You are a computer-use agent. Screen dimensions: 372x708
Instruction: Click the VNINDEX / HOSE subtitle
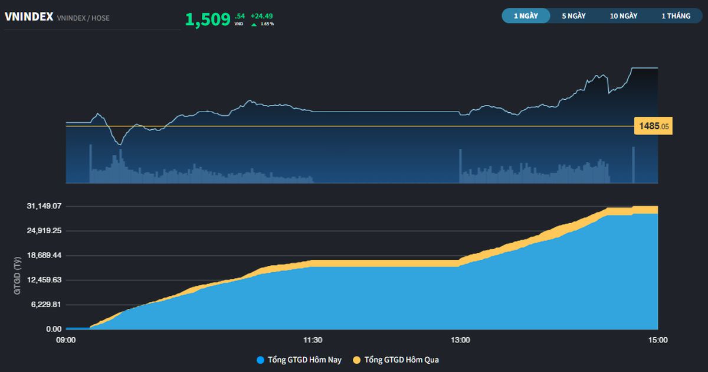(x=83, y=18)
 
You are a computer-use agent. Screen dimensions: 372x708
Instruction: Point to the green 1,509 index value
(x=208, y=19)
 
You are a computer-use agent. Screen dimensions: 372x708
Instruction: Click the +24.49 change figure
(x=261, y=16)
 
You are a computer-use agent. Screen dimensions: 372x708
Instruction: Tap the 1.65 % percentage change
(x=267, y=24)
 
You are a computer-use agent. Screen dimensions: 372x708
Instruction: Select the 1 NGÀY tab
(x=526, y=16)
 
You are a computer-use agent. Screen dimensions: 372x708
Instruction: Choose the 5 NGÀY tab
(x=573, y=16)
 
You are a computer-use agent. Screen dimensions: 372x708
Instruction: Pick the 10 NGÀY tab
(x=624, y=16)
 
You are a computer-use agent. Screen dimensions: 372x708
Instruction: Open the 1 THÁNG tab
(x=676, y=16)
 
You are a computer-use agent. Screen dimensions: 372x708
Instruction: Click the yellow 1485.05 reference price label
(x=653, y=126)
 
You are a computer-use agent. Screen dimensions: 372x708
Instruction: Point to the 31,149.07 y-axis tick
(x=44, y=206)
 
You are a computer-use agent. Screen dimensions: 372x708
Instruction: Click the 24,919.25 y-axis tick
(x=44, y=231)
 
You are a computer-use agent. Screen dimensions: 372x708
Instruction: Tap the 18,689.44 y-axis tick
(x=44, y=255)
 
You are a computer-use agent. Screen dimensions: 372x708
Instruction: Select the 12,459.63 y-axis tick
(x=44, y=280)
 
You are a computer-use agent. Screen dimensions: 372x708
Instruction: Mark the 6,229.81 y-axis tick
(x=46, y=305)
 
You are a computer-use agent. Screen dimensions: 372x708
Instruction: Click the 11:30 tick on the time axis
(x=312, y=340)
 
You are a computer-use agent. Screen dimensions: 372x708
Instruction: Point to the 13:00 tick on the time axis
(x=460, y=340)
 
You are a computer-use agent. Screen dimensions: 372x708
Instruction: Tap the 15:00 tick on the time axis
(x=658, y=340)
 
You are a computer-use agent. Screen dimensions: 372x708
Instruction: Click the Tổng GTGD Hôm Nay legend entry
(x=299, y=360)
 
